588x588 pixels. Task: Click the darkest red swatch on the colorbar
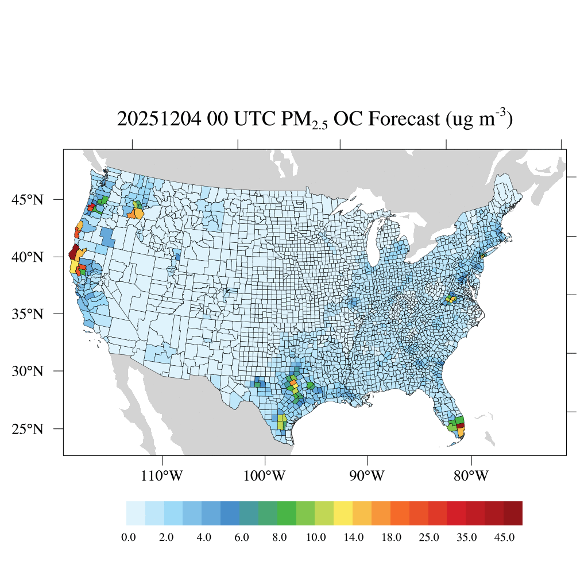pos(513,513)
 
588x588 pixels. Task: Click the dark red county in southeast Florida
pos(461,425)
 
